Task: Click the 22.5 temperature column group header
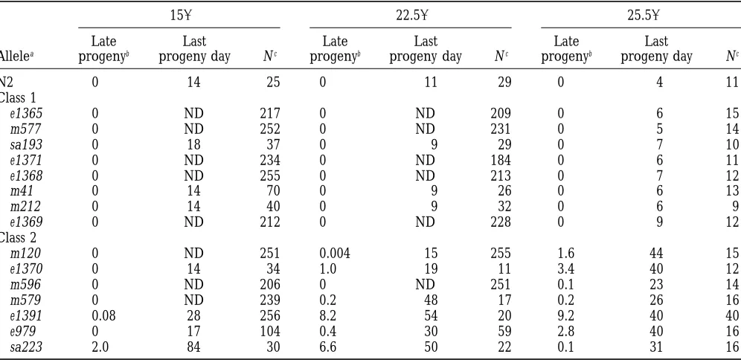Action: click(411, 16)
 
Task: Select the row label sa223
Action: click(27, 347)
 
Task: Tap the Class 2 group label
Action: click(18, 237)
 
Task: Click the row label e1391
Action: click(27, 316)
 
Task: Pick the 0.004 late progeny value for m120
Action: click(335, 253)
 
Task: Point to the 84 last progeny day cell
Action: click(193, 347)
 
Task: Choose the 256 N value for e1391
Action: click(270, 316)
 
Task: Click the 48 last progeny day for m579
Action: click(431, 300)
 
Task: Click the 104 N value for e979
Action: click(270, 332)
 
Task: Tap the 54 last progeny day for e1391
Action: click(431, 316)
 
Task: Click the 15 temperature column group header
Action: click(180, 16)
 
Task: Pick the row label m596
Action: click(25, 284)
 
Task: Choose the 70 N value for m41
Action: click(273, 191)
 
